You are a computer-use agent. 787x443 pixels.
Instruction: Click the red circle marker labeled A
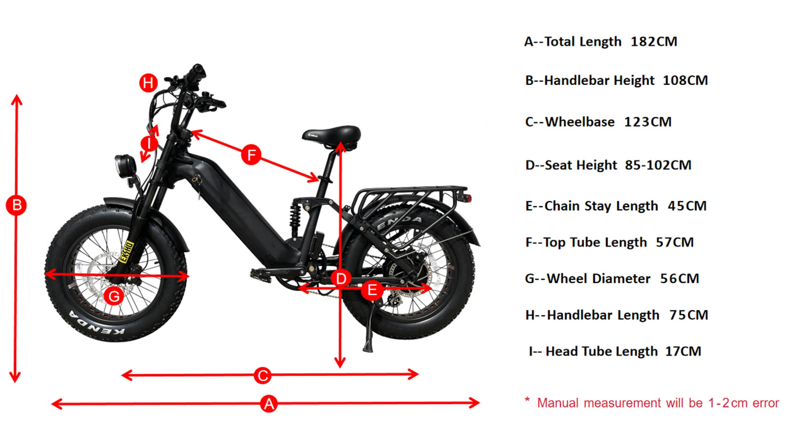click(269, 404)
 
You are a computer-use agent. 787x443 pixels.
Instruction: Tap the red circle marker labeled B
click(16, 206)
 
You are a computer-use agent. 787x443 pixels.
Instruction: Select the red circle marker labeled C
click(262, 375)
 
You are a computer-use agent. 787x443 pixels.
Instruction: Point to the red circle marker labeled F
click(251, 154)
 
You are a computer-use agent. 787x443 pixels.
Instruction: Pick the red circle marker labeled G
click(114, 296)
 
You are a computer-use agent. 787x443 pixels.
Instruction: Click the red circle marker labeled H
click(148, 83)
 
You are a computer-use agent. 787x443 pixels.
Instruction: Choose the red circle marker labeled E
click(372, 291)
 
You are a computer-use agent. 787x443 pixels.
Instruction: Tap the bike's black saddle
click(333, 134)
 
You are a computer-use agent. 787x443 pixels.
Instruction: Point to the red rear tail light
click(468, 197)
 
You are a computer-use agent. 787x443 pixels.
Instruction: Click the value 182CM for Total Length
click(654, 42)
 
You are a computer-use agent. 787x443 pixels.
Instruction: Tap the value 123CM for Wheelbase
click(648, 122)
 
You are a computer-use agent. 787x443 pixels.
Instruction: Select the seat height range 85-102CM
click(658, 165)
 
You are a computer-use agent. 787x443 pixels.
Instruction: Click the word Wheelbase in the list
click(580, 122)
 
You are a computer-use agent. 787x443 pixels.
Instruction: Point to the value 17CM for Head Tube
click(683, 351)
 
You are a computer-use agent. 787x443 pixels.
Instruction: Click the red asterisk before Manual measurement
click(527, 400)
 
